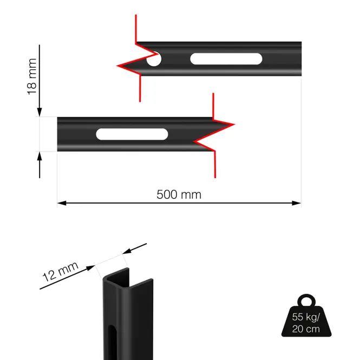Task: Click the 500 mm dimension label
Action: point(179,194)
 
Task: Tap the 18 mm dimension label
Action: point(32,76)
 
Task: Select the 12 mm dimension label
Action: point(61,271)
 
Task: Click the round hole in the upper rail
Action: point(154,59)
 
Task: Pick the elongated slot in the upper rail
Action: point(226,59)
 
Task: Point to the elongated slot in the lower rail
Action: point(132,134)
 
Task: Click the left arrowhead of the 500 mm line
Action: point(62,203)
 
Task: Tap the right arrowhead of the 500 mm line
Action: point(297,203)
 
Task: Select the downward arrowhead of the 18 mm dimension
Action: point(40,112)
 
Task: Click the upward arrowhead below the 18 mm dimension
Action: point(40,156)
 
